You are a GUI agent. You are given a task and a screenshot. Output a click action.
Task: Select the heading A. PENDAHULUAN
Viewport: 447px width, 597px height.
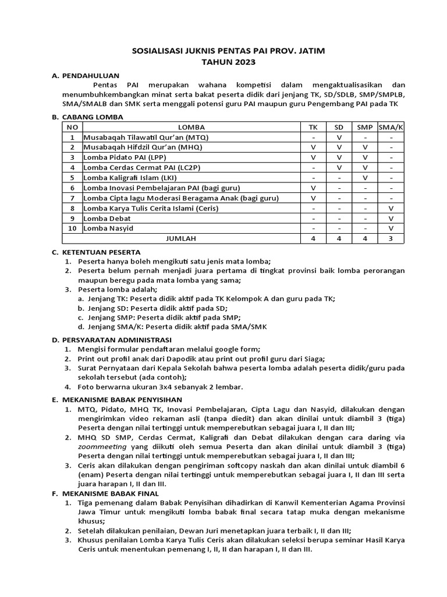coord(86,75)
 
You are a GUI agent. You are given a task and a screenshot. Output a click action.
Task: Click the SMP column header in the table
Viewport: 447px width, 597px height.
coord(365,127)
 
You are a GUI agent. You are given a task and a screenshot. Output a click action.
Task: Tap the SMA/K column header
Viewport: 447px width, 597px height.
coord(391,127)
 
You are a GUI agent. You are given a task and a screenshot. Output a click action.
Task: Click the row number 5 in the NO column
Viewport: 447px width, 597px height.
coord(72,177)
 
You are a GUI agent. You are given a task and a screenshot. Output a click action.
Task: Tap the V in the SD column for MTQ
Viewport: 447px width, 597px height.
coord(339,137)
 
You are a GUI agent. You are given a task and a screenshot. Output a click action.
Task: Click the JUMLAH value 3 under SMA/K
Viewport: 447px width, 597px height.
coord(391,238)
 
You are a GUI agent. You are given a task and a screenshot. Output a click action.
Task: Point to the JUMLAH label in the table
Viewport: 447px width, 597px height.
coord(182,238)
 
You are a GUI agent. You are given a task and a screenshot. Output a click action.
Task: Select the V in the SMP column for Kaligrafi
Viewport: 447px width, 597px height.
coord(365,177)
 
